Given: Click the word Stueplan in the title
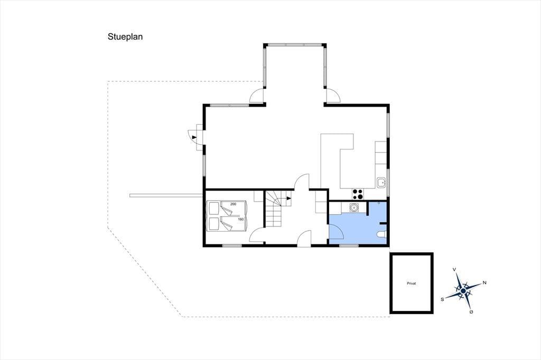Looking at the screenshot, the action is coord(125,37).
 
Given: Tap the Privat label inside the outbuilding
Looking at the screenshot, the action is coord(411,283).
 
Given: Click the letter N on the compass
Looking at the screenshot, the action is coord(484,283).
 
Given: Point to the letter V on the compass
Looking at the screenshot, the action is coord(454,269).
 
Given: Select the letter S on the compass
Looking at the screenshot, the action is coord(442,299).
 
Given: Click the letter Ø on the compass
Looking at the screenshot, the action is coord(471,312).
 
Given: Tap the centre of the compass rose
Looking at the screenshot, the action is coord(463,291).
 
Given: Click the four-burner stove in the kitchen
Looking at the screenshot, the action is coord(358,194).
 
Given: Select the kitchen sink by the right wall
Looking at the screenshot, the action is coord(381,182).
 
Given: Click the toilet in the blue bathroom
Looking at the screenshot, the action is coord(381,234).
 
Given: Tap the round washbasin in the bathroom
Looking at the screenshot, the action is coord(353,207).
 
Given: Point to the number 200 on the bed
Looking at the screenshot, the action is coord(233,204).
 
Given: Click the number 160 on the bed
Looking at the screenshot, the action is coord(241,219).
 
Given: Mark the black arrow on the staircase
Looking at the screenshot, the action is coord(289,198).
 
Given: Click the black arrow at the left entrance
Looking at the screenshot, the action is coord(194,137).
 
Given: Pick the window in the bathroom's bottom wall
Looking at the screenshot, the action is coord(349,245).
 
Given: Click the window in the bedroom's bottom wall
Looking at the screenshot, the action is coord(232,245).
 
